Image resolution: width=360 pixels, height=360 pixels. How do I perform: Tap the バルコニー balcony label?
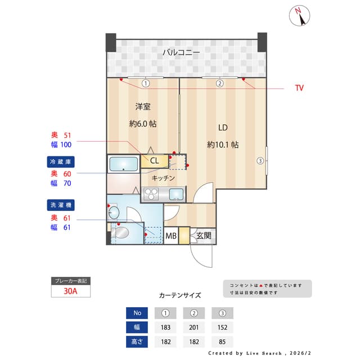click(x=181, y=52)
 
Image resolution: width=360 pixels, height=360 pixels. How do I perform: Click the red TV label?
click(x=299, y=88)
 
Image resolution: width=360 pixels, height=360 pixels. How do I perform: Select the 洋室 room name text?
click(x=142, y=106)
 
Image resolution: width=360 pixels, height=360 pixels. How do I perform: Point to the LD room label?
click(x=223, y=127)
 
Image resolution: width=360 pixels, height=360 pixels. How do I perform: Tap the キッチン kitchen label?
click(x=163, y=178)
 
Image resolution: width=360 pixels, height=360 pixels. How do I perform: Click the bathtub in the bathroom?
click(x=124, y=164)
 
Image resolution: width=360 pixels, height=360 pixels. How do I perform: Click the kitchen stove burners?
click(x=152, y=195)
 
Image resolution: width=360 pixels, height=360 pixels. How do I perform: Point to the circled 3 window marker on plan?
click(x=260, y=161)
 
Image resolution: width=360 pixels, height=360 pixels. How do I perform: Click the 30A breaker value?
click(x=71, y=291)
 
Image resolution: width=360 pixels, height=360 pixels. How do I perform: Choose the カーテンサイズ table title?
click(x=179, y=295)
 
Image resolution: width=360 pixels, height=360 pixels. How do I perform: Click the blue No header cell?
click(x=137, y=313)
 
